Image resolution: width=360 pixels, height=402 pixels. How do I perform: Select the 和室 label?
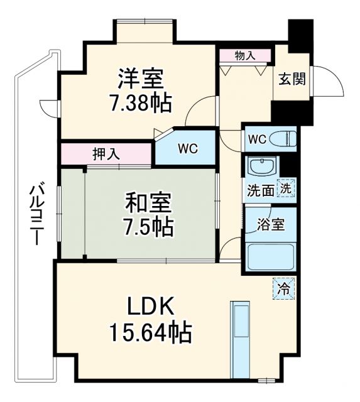click(x=149, y=204)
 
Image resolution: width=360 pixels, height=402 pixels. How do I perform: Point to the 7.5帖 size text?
click(x=149, y=227)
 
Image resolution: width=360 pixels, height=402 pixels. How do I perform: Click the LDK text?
click(x=151, y=308)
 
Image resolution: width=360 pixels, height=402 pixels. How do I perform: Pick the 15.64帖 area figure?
click(x=151, y=333)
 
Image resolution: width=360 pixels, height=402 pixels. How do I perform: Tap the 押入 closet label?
click(x=107, y=153)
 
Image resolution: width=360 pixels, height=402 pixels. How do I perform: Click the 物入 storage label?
click(x=245, y=55)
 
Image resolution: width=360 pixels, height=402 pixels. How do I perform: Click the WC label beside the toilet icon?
click(x=257, y=139)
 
